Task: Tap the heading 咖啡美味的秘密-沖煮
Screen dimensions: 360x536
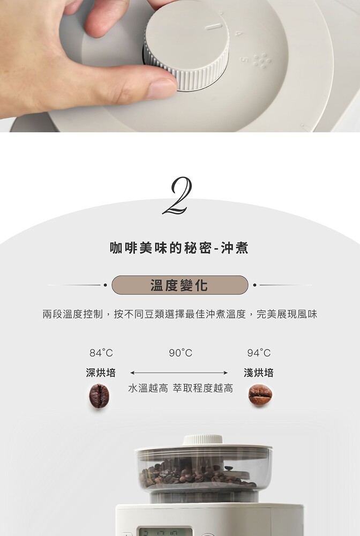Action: point(179,248)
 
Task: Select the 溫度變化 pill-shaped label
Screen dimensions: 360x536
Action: point(179,285)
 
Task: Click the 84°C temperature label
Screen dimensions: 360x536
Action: point(101,353)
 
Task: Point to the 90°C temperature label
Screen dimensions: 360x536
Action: point(181,353)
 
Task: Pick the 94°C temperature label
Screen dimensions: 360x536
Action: point(259,353)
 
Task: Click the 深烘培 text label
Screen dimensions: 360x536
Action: point(101,373)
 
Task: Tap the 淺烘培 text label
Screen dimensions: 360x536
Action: point(259,373)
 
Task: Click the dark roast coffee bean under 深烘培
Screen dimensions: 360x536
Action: point(99,396)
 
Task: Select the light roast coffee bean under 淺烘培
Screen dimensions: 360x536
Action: point(260,394)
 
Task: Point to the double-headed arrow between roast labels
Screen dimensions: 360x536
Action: point(179,373)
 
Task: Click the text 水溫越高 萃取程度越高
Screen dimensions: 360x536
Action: point(181,388)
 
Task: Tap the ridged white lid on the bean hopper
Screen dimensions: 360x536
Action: point(203,440)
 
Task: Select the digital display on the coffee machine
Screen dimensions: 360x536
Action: point(166,532)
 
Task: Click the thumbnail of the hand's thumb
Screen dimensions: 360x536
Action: point(162,87)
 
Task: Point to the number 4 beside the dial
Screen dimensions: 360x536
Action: point(238,34)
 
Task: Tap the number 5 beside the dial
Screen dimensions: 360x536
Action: point(244,59)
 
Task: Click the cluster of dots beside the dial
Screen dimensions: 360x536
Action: point(262,61)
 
